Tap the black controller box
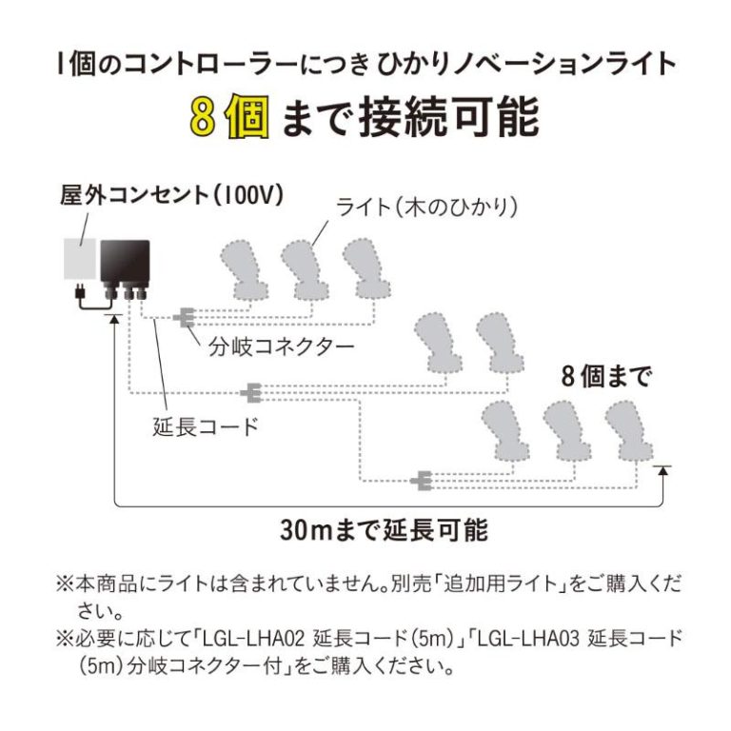tap(128, 258)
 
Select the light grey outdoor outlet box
tap(80, 258)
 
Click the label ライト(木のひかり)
tap(427, 207)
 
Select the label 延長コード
tap(206, 425)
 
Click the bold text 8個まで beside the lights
tap(605, 377)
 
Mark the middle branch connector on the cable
tap(251, 390)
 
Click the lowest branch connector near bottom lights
tap(421, 482)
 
